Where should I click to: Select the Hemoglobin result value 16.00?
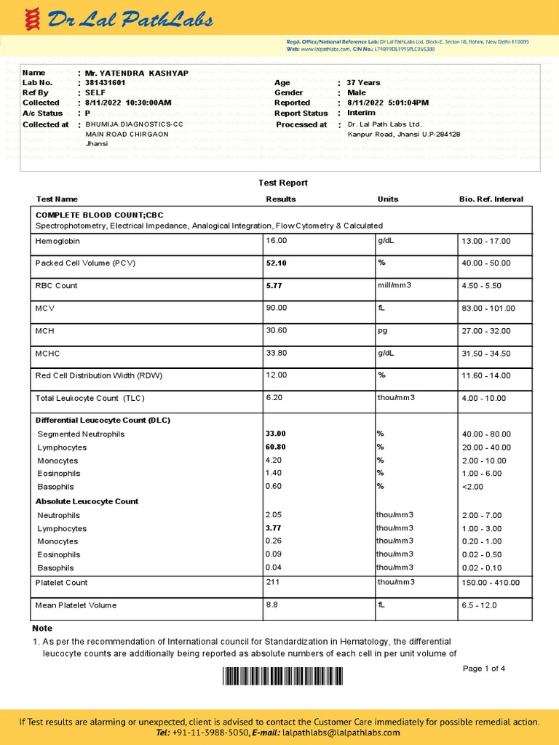pyautogui.click(x=277, y=241)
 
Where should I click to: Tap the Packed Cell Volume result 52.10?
pyautogui.click(x=277, y=263)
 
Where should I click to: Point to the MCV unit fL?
pyautogui.click(x=381, y=308)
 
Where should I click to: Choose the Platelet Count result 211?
pyautogui.click(x=274, y=582)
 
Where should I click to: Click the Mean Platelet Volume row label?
pyautogui.click(x=76, y=605)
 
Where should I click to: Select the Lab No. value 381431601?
pyautogui.click(x=106, y=83)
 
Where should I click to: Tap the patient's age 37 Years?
pyautogui.click(x=363, y=83)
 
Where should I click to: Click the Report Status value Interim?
pyautogui.click(x=361, y=113)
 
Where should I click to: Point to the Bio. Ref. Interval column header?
pyautogui.click(x=491, y=199)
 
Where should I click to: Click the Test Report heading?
pyautogui.click(x=283, y=183)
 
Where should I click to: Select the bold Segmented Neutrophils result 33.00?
pyautogui.click(x=277, y=434)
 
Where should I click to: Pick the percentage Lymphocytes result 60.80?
pyautogui.click(x=277, y=447)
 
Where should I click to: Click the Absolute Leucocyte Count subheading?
pyautogui.click(x=87, y=501)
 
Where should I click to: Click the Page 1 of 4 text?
pyautogui.click(x=484, y=669)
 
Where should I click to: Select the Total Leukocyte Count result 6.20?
pyautogui.click(x=274, y=398)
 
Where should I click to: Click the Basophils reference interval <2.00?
pyautogui.click(x=472, y=487)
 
